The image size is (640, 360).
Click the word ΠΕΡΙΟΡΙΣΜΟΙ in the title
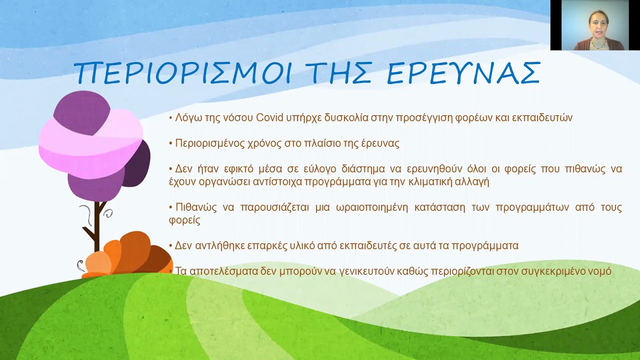coord(182,73)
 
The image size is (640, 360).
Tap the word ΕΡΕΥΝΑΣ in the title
coord(464,73)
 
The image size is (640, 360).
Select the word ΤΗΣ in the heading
coord(340,73)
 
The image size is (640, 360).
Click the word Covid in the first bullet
coord(269,118)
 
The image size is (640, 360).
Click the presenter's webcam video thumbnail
coord(595,25)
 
